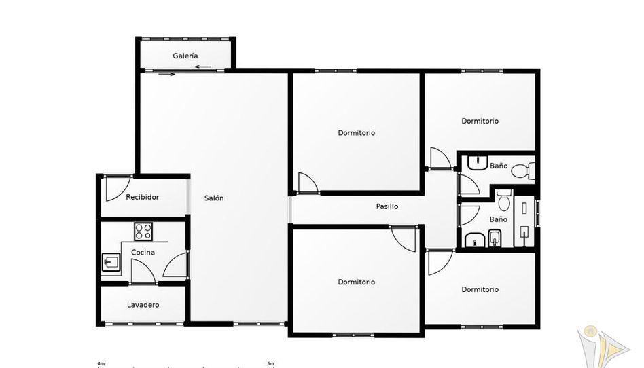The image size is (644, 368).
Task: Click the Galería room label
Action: click(185, 56)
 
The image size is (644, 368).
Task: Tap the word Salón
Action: click(214, 198)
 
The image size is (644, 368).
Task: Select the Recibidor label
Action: click(142, 197)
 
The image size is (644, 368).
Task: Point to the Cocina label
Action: click(143, 252)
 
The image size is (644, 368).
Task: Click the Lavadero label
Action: click(143, 305)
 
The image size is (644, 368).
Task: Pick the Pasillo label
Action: click(387, 206)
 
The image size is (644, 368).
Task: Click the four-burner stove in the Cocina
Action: click(143, 232)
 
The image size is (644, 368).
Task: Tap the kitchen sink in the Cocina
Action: click(111, 262)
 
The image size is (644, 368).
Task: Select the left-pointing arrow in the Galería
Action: click(203, 67)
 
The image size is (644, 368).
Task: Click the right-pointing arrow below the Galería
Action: click(166, 74)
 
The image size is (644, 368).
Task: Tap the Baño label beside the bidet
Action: click(498, 220)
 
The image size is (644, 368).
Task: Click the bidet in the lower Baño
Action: click(495, 238)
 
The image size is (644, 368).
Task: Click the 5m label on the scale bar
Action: click(270, 363)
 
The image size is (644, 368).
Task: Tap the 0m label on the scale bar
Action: click(101, 363)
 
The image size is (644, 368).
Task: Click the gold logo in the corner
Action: click(602, 347)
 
